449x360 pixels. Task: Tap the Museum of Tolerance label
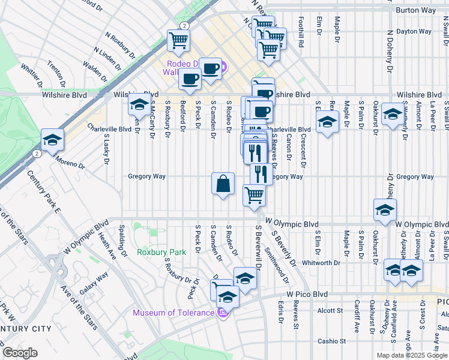click(173, 313)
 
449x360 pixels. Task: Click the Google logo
click(19, 353)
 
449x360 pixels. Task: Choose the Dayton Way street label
click(414, 31)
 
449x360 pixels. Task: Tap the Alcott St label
click(330, 311)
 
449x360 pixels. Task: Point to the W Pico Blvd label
click(307, 294)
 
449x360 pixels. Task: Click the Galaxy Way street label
click(94, 283)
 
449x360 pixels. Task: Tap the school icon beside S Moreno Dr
click(53, 139)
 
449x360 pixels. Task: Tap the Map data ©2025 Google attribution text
click(411, 355)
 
